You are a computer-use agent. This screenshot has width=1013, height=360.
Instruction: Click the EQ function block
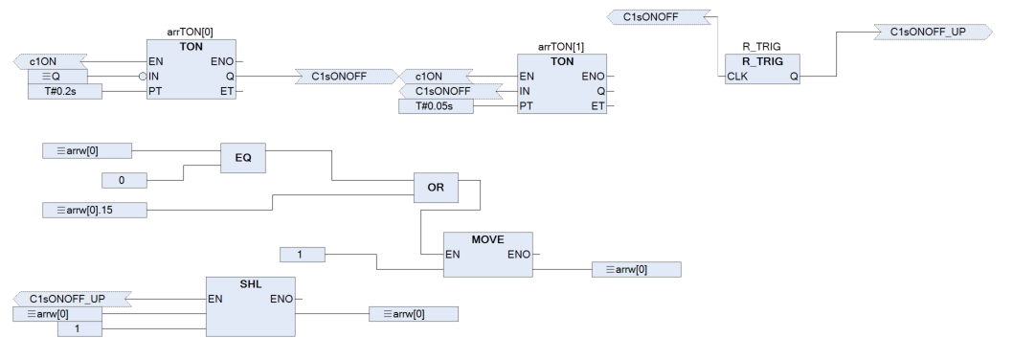243,158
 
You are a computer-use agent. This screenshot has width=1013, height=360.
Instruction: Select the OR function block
436,188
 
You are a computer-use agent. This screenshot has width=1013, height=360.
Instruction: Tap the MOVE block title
487,239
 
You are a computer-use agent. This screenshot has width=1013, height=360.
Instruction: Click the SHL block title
251,283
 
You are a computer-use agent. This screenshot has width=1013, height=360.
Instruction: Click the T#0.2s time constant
65,92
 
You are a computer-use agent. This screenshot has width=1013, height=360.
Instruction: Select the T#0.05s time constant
436,106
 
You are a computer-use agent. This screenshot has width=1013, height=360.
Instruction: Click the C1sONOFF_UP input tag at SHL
73,300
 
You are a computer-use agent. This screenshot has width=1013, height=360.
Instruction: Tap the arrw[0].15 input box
95,210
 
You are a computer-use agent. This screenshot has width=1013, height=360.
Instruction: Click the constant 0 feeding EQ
124,180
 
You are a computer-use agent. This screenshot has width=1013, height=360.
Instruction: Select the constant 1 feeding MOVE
303,255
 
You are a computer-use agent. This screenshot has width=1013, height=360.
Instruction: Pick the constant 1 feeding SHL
79,329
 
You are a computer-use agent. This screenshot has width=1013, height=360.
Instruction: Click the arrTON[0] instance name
190,33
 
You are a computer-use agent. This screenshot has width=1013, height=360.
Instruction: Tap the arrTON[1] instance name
561,47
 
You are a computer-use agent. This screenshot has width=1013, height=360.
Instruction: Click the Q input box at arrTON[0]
57,77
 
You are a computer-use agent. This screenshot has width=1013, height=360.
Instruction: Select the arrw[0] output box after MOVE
637,269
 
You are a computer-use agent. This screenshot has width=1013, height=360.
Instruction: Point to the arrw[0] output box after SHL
414,314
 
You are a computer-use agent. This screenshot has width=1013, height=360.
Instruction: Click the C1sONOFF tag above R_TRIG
659,17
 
